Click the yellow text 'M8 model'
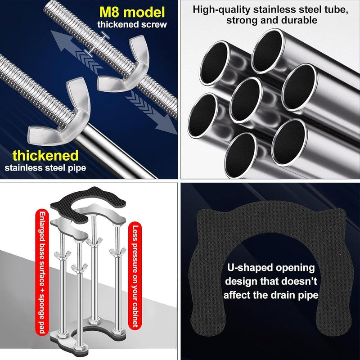132,12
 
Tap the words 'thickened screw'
132,25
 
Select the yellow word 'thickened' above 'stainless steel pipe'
45,155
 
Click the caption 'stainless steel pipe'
45,168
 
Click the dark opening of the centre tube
246,100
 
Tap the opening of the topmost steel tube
268,51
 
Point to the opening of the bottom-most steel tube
241,155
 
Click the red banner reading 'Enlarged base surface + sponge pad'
42,272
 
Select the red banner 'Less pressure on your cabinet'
135,275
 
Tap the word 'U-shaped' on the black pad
249,268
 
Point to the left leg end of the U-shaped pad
208,321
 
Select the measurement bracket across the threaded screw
96,44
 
